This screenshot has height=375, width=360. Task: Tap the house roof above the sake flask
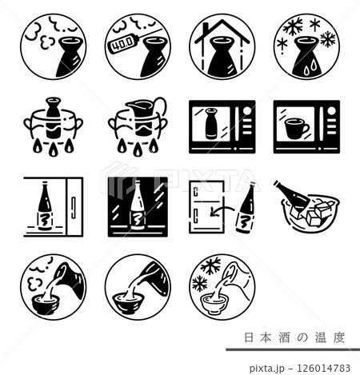coord(222,32)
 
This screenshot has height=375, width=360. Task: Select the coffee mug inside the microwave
coord(297,129)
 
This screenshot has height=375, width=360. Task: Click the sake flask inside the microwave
coord(210,123)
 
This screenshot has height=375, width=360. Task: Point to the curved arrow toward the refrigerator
coord(222,209)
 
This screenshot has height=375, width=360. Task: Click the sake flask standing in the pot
coord(53,118)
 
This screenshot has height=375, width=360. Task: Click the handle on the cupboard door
coord(74,208)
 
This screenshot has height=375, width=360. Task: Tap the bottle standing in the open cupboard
coord(45,206)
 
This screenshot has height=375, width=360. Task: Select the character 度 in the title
coord(339,337)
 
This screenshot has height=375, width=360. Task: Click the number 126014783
coord(324,368)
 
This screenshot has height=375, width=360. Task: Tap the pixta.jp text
coord(266,369)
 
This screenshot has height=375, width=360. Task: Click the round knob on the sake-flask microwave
coord(247,110)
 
